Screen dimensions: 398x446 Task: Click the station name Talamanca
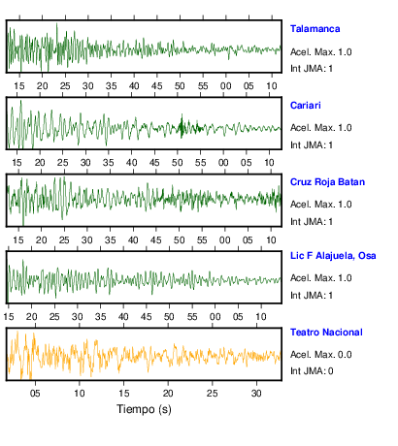(315, 29)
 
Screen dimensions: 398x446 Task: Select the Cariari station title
(306, 106)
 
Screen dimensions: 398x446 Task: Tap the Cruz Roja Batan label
(327, 182)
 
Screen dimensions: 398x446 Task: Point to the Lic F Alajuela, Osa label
(333, 256)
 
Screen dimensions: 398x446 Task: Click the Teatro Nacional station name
(326, 333)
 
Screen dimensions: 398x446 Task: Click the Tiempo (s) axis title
(144, 409)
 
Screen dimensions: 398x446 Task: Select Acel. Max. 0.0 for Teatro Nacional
(321, 355)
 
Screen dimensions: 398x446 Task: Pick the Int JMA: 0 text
(312, 370)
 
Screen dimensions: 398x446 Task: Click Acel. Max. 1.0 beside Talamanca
(321, 52)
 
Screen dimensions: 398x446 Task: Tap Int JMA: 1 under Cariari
(312, 145)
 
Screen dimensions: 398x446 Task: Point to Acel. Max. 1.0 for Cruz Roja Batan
(321, 205)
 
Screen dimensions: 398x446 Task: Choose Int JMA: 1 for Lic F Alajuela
(312, 296)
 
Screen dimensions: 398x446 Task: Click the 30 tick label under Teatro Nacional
(256, 394)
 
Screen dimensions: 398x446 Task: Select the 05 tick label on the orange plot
(35, 394)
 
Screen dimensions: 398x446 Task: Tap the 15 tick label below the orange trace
(123, 394)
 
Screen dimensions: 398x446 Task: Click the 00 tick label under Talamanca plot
(225, 86)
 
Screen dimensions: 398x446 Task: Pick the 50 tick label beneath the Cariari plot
(177, 162)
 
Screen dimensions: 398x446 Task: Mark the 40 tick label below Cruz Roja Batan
(133, 240)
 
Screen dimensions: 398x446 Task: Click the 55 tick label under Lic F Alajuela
(192, 317)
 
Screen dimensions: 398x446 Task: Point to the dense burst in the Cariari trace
(182, 126)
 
